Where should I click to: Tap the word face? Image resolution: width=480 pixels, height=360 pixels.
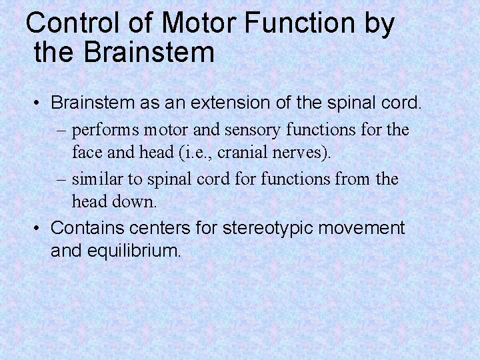click(x=87, y=152)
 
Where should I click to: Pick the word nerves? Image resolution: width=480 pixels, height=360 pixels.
click(x=305, y=152)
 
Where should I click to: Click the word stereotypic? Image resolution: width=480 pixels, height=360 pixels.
click(x=272, y=229)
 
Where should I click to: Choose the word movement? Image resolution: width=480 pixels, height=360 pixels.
click(x=363, y=228)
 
